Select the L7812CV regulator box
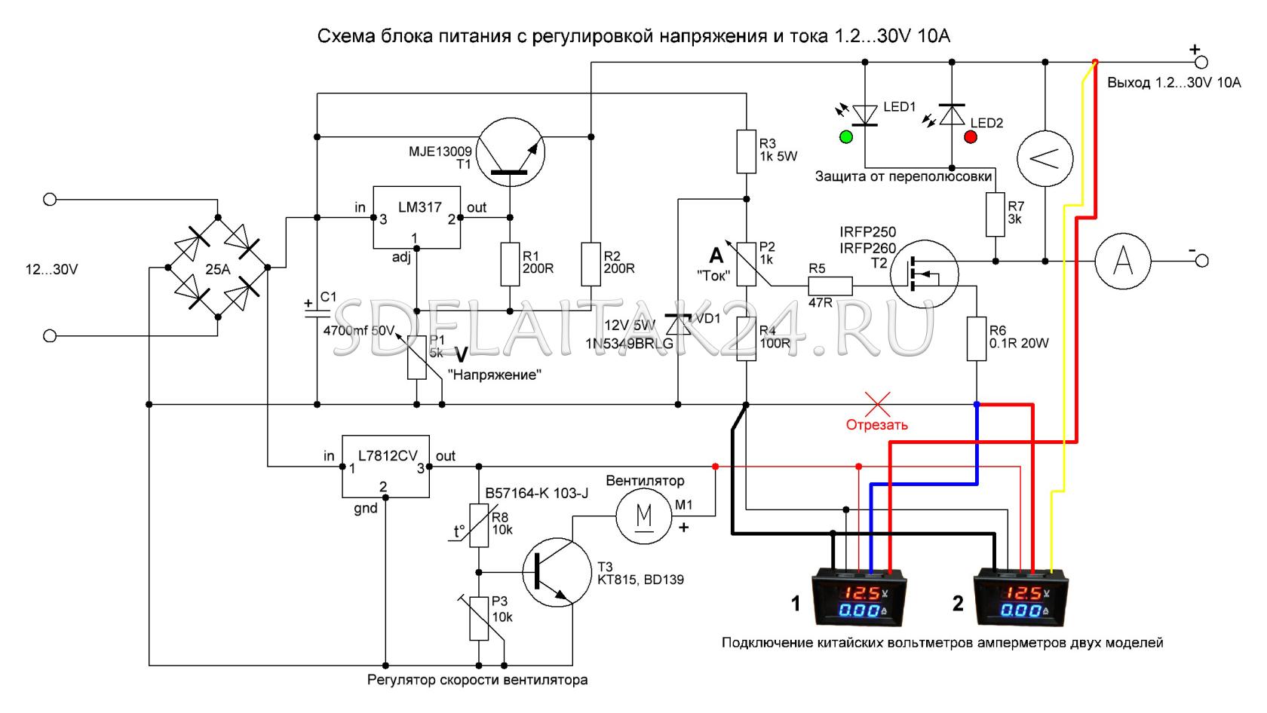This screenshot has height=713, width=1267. coord(386,466)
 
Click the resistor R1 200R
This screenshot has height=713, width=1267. coord(510,264)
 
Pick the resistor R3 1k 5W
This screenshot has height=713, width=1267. coord(746,151)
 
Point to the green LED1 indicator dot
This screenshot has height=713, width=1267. coord(845,137)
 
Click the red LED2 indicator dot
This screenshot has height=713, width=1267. coord(970,137)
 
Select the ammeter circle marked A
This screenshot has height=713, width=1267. coord(1123,261)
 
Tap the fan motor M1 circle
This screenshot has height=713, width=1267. coord(643,516)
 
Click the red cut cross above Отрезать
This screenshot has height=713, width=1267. coord(876,404)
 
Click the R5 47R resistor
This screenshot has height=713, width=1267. coord(830,286)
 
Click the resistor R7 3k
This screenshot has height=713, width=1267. coord(995,214)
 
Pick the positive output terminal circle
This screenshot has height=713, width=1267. coord(1202,62)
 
